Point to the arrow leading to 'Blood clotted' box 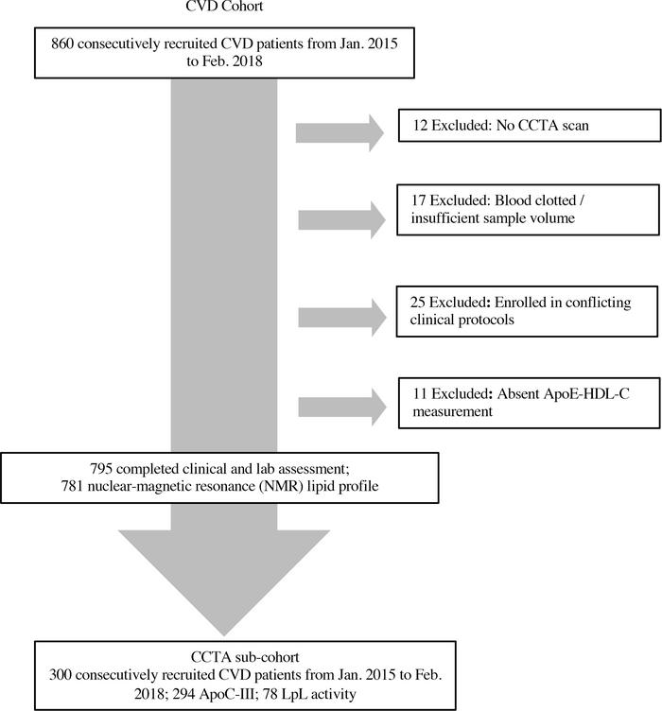point(341,220)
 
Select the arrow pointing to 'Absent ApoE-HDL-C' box point(341,408)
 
